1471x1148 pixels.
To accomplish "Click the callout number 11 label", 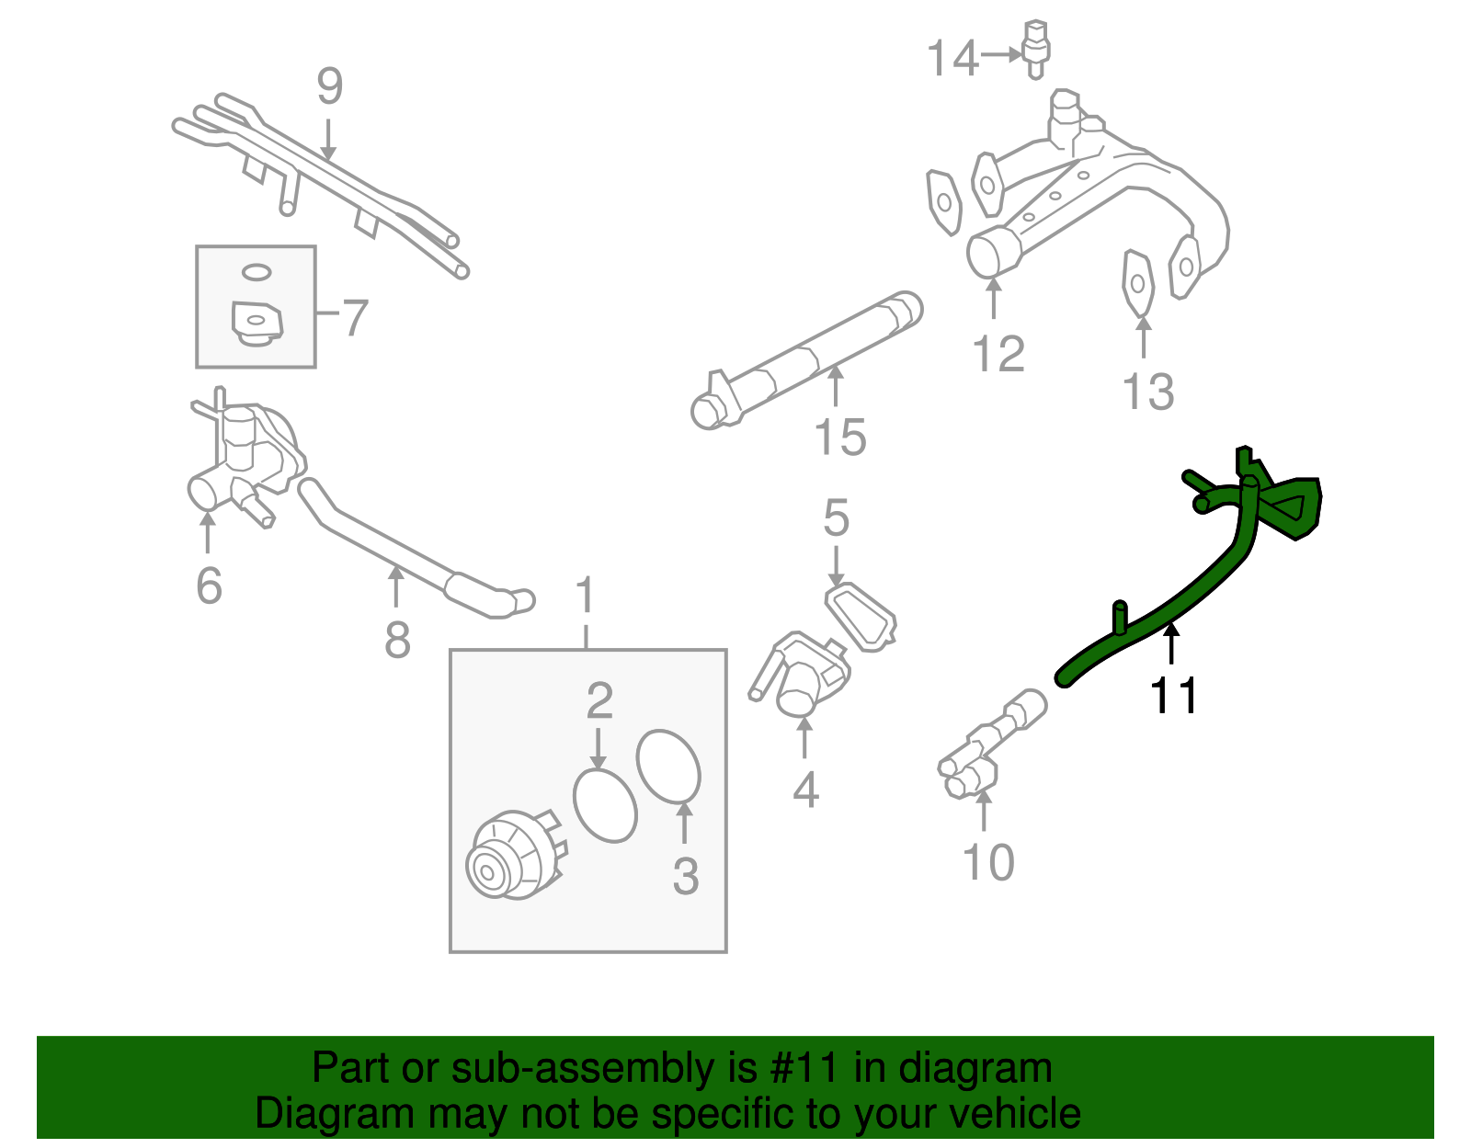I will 1174,696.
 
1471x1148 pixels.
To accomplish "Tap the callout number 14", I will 952,59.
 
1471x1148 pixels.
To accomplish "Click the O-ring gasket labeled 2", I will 605,804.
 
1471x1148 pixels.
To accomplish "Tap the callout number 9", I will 330,87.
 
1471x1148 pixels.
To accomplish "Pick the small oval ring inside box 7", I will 257,272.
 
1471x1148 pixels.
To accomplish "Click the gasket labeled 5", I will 861,616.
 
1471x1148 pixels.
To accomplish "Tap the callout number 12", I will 998,355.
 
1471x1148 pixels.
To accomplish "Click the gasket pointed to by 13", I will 1137,282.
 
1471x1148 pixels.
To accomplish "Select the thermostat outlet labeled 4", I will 801,680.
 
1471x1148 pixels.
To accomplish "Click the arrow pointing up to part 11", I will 1171,643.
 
